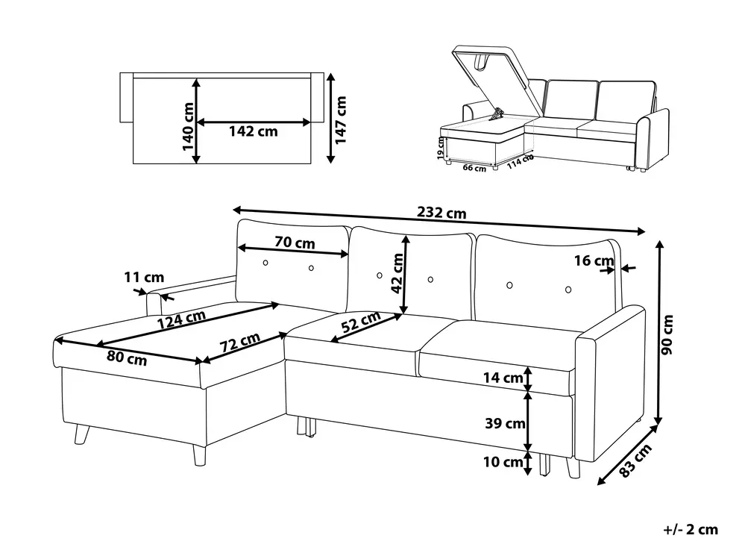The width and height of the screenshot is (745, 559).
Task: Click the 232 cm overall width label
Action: click(x=441, y=213)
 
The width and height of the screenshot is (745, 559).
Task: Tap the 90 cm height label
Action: click(x=667, y=334)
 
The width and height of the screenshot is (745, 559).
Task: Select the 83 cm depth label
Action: click(x=635, y=460)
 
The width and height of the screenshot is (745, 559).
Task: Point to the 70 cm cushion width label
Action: click(x=295, y=243)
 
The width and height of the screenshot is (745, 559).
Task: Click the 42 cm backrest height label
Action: click(x=397, y=273)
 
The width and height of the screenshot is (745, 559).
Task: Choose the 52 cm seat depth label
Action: click(x=361, y=322)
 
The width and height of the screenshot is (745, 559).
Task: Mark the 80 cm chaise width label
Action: click(x=126, y=357)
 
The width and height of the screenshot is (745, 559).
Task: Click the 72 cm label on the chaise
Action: click(x=239, y=342)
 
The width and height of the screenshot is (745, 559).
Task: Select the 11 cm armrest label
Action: click(x=144, y=277)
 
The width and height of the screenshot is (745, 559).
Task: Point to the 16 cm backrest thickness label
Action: click(x=594, y=260)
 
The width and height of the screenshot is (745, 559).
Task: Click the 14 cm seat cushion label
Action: click(x=503, y=378)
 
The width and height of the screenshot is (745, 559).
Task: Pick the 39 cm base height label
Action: click(x=505, y=422)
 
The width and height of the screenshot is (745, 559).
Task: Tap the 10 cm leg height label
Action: click(x=503, y=461)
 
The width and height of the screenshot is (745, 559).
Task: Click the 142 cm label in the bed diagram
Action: click(x=254, y=131)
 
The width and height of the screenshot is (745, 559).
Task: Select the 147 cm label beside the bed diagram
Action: click(x=341, y=119)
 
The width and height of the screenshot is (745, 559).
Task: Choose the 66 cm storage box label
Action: click(x=474, y=168)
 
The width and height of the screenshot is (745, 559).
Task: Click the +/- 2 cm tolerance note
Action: click(x=691, y=529)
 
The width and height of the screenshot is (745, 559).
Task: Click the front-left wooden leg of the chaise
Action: click(x=200, y=455)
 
